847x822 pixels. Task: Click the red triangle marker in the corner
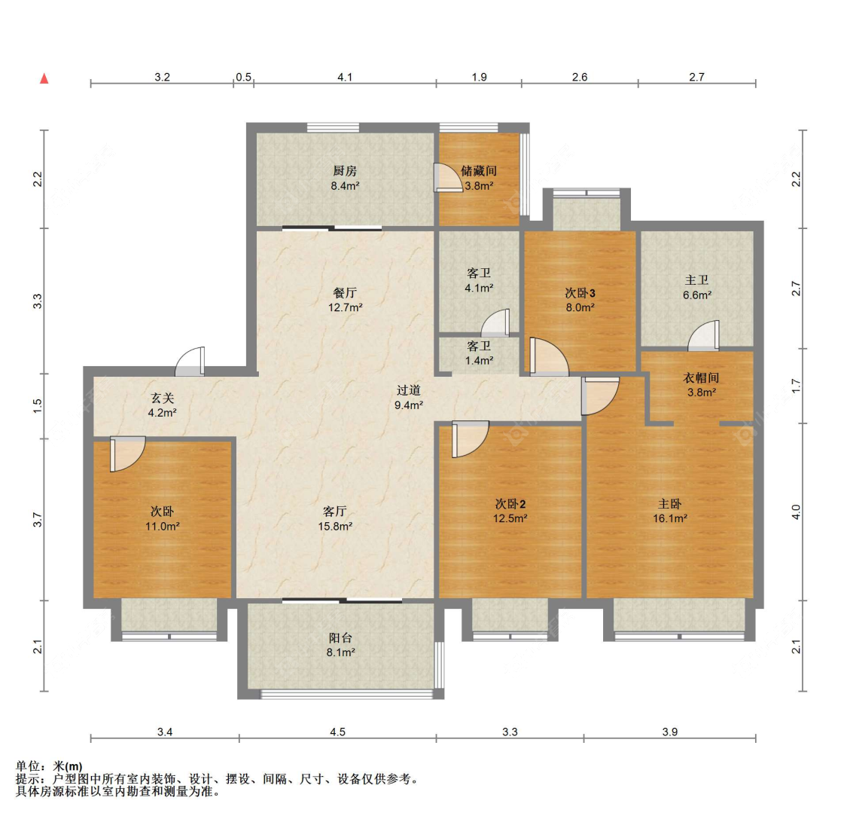click(x=44, y=78)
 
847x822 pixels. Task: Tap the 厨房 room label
click(x=345, y=171)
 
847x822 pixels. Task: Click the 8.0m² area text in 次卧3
click(x=580, y=307)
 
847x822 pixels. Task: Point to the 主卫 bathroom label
click(x=696, y=280)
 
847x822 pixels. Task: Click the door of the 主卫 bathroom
click(x=705, y=336)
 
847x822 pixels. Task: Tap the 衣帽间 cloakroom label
click(x=700, y=377)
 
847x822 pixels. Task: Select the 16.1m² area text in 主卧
click(x=669, y=518)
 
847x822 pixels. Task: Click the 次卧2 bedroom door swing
click(x=468, y=439)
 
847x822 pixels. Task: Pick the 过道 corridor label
click(x=409, y=390)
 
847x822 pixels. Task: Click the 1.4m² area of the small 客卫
click(x=479, y=360)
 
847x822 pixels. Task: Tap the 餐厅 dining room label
click(x=345, y=292)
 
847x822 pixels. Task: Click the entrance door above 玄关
click(x=190, y=362)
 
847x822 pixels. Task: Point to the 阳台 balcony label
click(x=340, y=637)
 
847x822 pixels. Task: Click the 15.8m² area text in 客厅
click(x=335, y=526)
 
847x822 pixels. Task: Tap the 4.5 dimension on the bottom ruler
click(x=337, y=732)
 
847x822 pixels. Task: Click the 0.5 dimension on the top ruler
click(x=243, y=77)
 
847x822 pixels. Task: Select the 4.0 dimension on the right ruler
click(x=797, y=512)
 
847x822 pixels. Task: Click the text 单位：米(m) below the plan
click(x=49, y=766)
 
